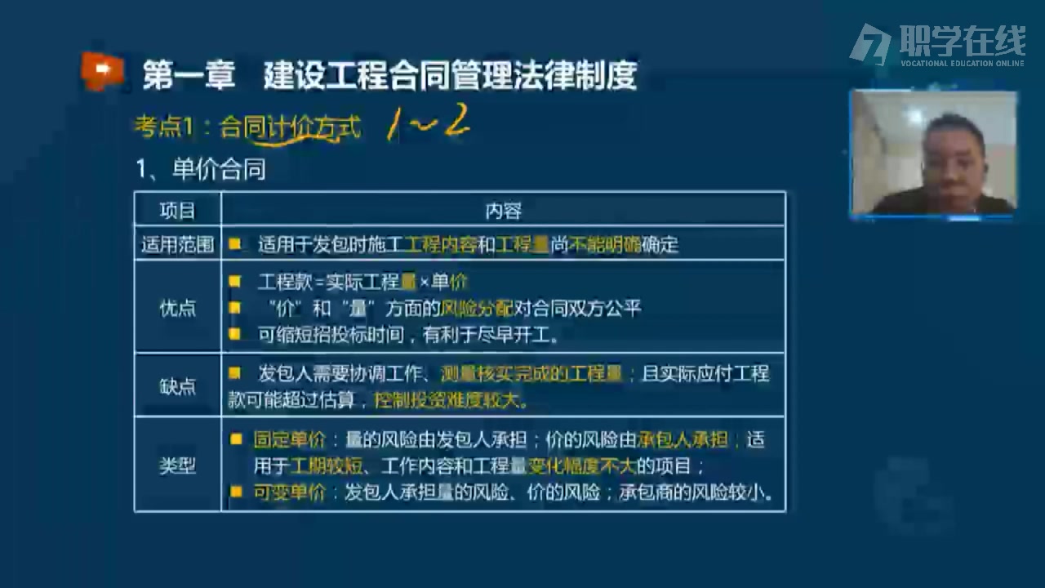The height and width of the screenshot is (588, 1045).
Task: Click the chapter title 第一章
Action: [x=189, y=76]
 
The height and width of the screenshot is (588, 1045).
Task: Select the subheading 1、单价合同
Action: [x=201, y=170]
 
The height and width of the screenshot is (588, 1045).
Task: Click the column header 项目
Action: [x=177, y=211]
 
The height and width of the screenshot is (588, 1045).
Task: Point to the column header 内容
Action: [x=503, y=211]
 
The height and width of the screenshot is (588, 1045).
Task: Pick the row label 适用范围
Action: [x=177, y=244]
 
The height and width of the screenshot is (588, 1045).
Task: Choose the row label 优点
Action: [x=177, y=308]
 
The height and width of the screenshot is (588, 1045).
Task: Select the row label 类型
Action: [x=177, y=465]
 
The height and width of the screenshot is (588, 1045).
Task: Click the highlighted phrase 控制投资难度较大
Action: [x=450, y=400]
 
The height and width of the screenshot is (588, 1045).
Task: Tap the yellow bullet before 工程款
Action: [x=235, y=282]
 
